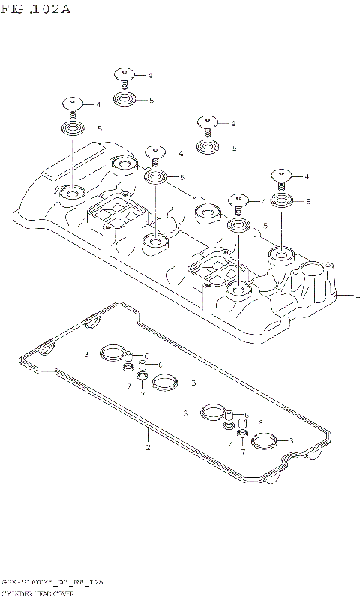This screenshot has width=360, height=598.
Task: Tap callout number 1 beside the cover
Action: click(358, 296)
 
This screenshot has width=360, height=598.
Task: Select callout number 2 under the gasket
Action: click(148, 448)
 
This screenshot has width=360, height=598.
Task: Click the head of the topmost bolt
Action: click(124, 74)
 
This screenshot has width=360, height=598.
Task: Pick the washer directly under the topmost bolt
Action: click(124, 99)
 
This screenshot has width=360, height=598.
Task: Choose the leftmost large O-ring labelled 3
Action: click(112, 353)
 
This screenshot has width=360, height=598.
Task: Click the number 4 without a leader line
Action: click(181, 153)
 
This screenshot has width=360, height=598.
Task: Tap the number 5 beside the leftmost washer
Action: click(98, 129)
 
